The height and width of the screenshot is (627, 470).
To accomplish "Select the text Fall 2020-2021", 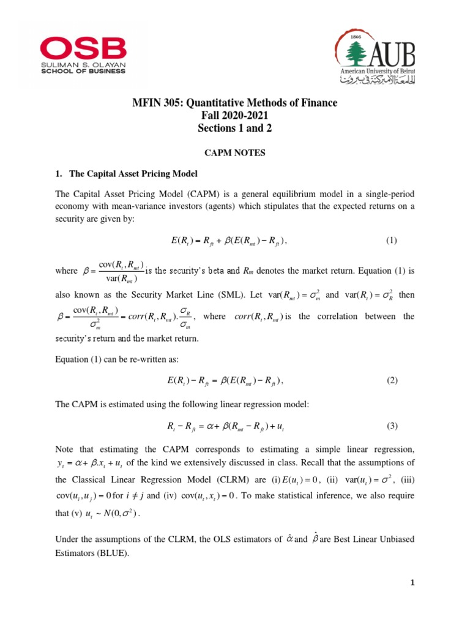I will (234, 116).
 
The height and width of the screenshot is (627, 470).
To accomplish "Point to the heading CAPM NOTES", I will (234, 153).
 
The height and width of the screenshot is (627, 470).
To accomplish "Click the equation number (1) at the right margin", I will (392, 241).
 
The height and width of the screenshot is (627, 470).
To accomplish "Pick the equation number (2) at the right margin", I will (392, 380).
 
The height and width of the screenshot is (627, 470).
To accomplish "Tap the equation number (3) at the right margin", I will (392, 426).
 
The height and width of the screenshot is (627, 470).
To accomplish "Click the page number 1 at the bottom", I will (413, 583).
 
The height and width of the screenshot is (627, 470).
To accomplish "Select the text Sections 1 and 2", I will (234, 129).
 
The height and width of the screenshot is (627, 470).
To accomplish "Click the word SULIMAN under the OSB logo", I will (57, 63).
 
